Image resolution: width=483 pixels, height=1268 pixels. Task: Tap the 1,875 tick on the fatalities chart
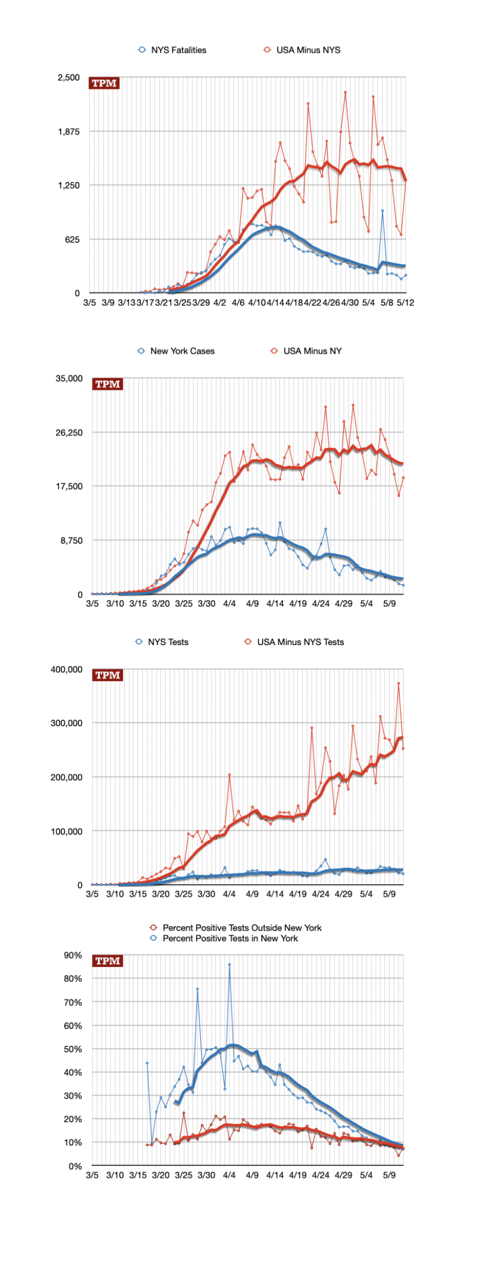click(x=68, y=132)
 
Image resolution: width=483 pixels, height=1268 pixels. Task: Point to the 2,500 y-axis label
click(x=68, y=77)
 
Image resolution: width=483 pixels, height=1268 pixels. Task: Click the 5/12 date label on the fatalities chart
click(x=406, y=303)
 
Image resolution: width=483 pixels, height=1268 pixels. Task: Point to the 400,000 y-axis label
click(x=67, y=669)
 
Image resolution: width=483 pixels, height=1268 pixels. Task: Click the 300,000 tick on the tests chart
click(x=67, y=723)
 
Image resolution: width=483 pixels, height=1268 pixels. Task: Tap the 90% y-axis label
click(x=73, y=955)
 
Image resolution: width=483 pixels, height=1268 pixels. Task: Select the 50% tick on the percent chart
click(x=73, y=1049)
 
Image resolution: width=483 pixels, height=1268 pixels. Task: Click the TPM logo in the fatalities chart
click(x=104, y=83)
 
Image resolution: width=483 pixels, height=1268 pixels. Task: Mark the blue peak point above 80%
click(x=229, y=965)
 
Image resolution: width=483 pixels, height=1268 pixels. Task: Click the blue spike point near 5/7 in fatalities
click(x=382, y=211)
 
